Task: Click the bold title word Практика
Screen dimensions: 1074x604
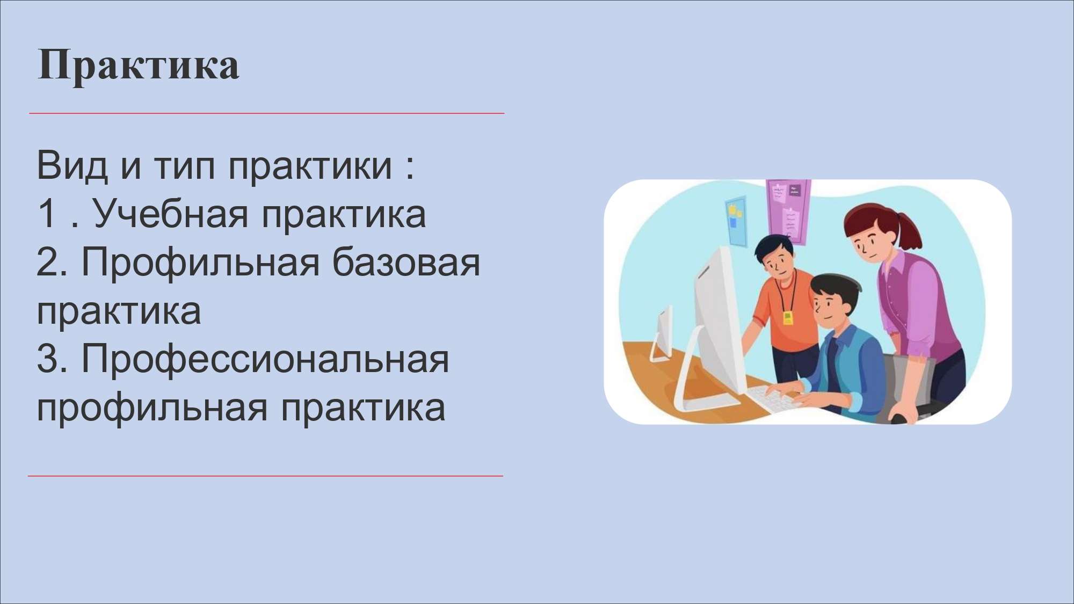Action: [x=139, y=66]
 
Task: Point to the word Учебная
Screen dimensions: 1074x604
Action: [x=170, y=214]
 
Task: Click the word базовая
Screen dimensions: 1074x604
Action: [x=406, y=262]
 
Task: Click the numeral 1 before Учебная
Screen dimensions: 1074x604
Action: [x=47, y=213]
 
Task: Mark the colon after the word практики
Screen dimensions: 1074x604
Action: [x=410, y=168]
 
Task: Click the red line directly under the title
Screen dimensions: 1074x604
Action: [x=266, y=113]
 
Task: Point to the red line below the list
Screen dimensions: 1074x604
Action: [x=265, y=476]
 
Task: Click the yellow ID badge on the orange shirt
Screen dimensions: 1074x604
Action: [x=787, y=318]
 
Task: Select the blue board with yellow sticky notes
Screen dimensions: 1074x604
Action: [x=736, y=221]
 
